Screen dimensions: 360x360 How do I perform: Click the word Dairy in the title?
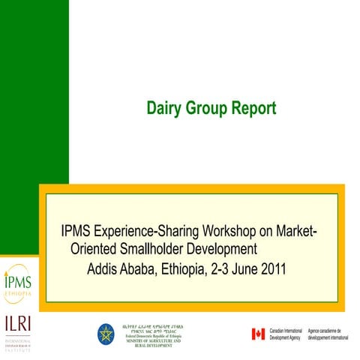[163, 108]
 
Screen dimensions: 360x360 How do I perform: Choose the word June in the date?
[242, 268]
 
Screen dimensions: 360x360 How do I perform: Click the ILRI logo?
[17, 329]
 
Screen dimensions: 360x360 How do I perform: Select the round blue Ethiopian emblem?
[106, 334]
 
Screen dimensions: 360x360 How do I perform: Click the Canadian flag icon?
[258, 334]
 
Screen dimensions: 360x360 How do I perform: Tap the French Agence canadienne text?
[328, 334]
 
